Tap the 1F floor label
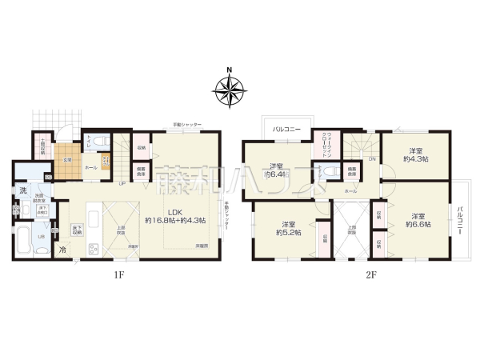[118, 275]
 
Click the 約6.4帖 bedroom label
[279, 170]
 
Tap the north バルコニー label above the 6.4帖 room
[286, 128]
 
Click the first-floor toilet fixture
[100, 142]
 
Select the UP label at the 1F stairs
[121, 184]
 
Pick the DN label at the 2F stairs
[372, 158]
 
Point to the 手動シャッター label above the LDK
[187, 125]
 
